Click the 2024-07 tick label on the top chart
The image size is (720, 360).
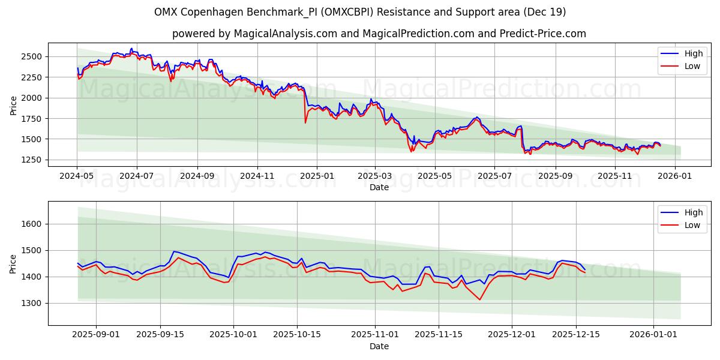[x=136, y=176]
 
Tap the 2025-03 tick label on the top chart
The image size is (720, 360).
[x=375, y=176]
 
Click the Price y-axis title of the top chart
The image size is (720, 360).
[x=14, y=106]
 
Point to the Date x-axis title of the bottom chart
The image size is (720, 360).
[x=379, y=346]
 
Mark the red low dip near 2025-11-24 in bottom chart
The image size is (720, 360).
[x=480, y=299]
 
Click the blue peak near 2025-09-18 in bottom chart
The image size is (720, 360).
[x=173, y=251]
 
